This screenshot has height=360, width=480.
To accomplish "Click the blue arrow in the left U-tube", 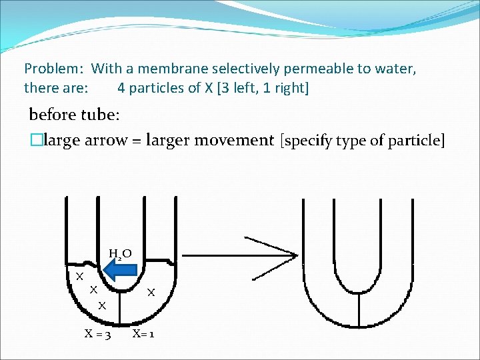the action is (121, 270).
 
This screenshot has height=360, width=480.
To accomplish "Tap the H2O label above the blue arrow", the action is (120, 253).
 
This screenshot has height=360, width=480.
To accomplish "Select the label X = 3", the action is (97, 333).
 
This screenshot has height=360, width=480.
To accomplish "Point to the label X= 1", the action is (143, 333).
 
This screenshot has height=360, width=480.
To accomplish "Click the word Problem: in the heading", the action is (54, 69).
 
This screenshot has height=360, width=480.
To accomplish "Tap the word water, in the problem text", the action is (397, 69).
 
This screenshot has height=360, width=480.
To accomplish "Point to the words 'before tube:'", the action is (74, 115).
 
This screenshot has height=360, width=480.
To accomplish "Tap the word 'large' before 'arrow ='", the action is (61, 141).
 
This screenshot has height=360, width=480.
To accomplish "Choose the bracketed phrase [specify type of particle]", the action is (362, 141).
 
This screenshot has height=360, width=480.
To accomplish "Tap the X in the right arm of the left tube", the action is (151, 292).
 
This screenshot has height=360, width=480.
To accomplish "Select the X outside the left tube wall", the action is (79, 276).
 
